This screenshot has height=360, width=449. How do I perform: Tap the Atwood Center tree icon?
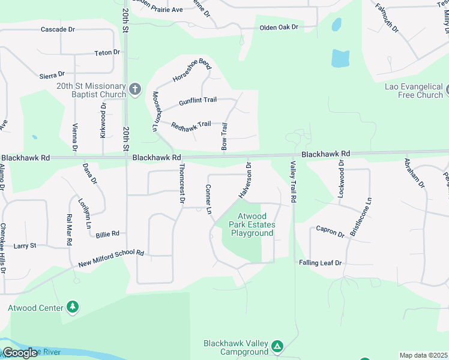[73, 308]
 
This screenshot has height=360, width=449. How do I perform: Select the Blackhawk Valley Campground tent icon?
[277, 347]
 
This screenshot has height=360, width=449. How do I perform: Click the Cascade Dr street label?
[58, 29]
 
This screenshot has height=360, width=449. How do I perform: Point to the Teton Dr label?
[107, 53]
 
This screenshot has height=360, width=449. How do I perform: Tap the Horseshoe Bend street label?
[192, 71]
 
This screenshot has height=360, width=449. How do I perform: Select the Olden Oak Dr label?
[279, 28]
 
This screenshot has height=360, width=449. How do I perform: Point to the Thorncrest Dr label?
[181, 184]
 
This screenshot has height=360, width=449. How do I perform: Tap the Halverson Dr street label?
[246, 179]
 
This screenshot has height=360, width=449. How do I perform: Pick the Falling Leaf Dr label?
[321, 263]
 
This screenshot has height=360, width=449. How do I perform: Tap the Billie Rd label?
[107, 234]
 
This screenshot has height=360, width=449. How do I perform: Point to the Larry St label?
[25, 245]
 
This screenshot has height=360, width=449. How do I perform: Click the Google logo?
[20, 353]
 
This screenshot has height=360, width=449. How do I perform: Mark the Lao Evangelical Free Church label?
[414, 91]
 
